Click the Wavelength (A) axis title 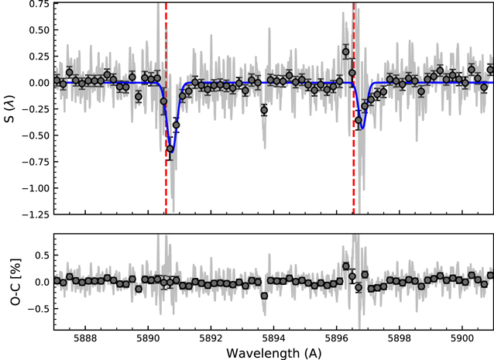[274, 352]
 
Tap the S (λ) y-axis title [10, 108]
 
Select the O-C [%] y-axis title [10, 282]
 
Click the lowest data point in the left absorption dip [170, 149]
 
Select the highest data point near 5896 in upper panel [346, 52]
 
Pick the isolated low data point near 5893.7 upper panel [264, 110]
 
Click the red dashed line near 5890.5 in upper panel [166, 77]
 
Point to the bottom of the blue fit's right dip [360, 130]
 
